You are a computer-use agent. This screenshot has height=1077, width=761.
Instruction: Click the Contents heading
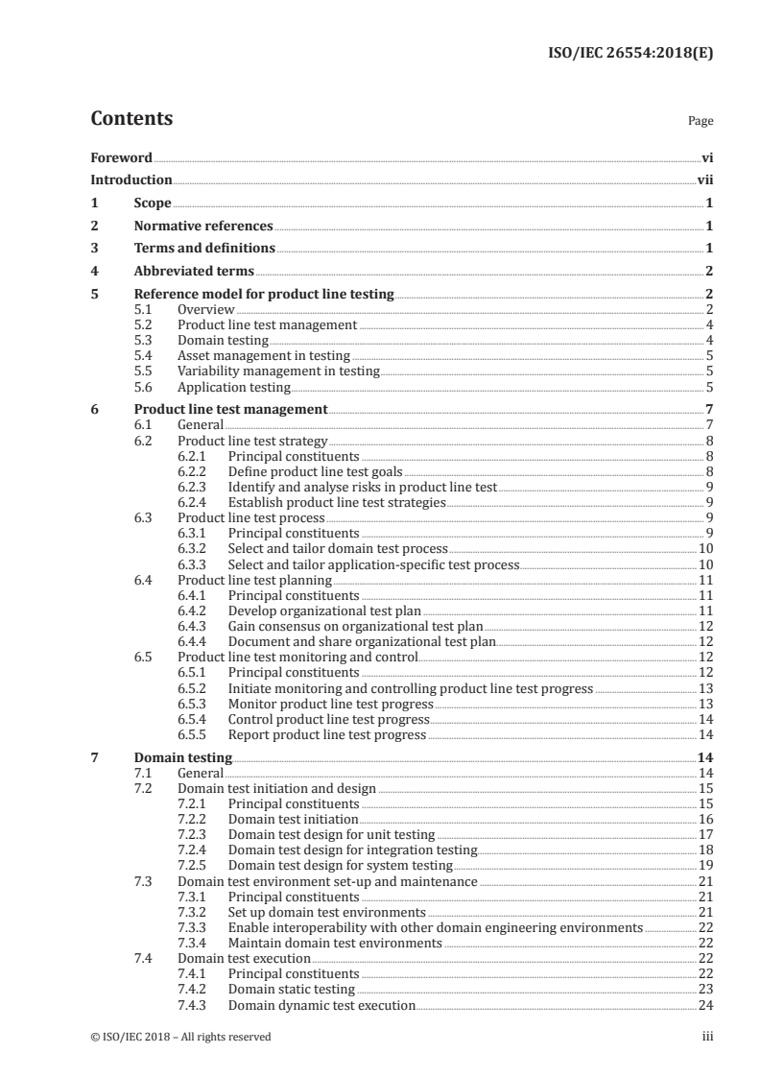131,119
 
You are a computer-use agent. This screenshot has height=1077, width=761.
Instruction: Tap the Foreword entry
121,157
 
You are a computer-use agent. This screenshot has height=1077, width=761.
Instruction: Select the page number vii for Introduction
705,180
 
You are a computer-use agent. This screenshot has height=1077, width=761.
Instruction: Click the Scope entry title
153,203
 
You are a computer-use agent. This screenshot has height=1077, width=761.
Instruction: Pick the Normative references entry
203,227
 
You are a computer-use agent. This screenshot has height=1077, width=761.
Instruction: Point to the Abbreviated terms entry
194,272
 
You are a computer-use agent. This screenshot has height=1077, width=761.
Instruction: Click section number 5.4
144,356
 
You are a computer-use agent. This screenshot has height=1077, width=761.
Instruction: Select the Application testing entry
234,388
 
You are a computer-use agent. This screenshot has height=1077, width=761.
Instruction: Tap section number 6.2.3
195,487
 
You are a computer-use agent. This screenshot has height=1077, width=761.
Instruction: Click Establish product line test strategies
337,502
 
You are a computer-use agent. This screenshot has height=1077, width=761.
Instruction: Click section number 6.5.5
195,735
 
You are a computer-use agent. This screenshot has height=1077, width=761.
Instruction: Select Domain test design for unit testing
331,835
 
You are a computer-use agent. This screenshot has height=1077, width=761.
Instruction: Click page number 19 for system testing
705,866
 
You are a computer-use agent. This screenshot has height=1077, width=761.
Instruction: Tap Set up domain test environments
326,912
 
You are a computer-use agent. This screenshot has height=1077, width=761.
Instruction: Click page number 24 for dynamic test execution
705,1005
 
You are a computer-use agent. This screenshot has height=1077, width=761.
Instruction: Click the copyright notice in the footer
180,1037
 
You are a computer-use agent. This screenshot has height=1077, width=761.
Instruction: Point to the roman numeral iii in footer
708,1037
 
